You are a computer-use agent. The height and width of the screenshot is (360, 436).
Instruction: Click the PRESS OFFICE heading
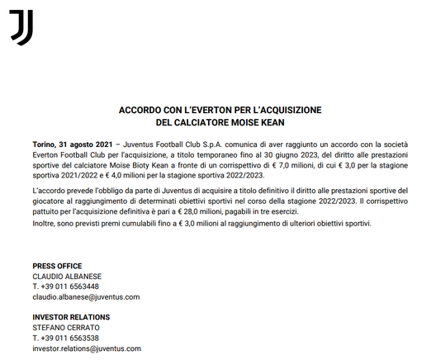click(57, 266)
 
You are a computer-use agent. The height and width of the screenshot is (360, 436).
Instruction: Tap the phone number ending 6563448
click(66, 287)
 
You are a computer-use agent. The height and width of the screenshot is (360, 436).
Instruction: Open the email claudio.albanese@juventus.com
click(86, 296)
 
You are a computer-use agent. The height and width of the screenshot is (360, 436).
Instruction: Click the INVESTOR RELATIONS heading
click(71, 317)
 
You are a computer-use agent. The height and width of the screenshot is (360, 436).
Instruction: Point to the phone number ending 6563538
click(66, 338)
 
